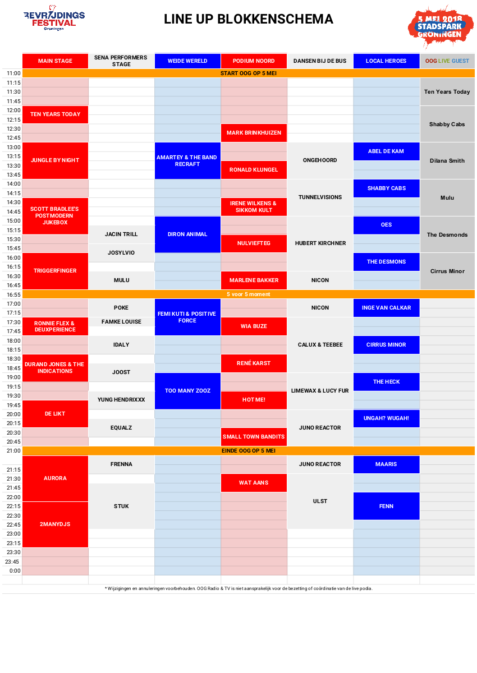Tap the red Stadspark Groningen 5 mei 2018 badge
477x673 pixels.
click(x=440, y=26)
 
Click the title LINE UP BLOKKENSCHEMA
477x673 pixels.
click(x=249, y=20)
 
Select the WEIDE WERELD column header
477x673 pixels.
click(x=187, y=61)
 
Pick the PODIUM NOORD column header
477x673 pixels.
click(x=254, y=61)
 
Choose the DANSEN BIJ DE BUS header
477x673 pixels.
click(x=320, y=61)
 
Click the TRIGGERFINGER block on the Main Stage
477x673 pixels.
click(x=55, y=271)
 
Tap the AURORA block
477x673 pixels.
click(x=55, y=478)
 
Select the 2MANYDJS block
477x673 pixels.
click(x=55, y=524)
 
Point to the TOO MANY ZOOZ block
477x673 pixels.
click(x=187, y=391)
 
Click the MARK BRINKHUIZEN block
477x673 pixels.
click(x=254, y=133)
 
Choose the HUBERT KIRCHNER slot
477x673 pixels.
click(x=320, y=243)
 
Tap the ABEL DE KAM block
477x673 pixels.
click(x=386, y=151)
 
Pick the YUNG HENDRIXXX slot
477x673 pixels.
click(x=121, y=400)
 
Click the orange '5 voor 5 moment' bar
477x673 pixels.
click(x=248, y=294)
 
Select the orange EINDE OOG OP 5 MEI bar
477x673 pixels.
click(x=248, y=451)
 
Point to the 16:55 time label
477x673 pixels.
click(x=13, y=294)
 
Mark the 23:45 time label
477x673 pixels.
click(x=12, y=561)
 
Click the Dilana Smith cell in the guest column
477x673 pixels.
click(x=447, y=161)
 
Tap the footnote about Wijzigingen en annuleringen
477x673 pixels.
click(x=238, y=588)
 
